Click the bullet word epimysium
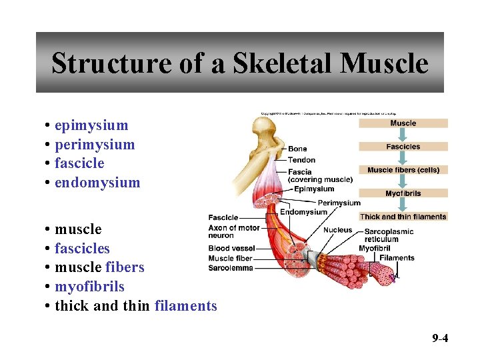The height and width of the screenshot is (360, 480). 91,125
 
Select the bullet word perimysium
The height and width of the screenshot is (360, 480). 95,145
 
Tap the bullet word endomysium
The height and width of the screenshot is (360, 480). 97,183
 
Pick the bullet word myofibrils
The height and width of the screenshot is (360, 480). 89,287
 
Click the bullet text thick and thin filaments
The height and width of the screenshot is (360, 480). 136,306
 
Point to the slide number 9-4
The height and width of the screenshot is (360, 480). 439,339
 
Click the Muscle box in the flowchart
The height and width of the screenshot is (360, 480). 403,123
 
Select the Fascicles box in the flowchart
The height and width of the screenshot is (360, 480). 403,147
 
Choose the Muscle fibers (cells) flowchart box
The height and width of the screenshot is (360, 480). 403,170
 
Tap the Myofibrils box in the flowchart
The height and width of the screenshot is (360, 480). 403,194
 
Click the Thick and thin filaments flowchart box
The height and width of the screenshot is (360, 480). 403,217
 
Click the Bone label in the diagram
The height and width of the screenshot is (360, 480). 297,149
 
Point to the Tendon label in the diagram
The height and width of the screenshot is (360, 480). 301,160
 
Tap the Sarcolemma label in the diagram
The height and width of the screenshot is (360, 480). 231,268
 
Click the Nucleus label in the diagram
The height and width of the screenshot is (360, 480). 337,230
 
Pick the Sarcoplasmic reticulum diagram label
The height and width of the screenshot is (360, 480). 389,235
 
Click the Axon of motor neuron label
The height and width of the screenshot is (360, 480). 233,231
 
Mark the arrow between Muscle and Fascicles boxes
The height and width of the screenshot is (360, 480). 403,135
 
